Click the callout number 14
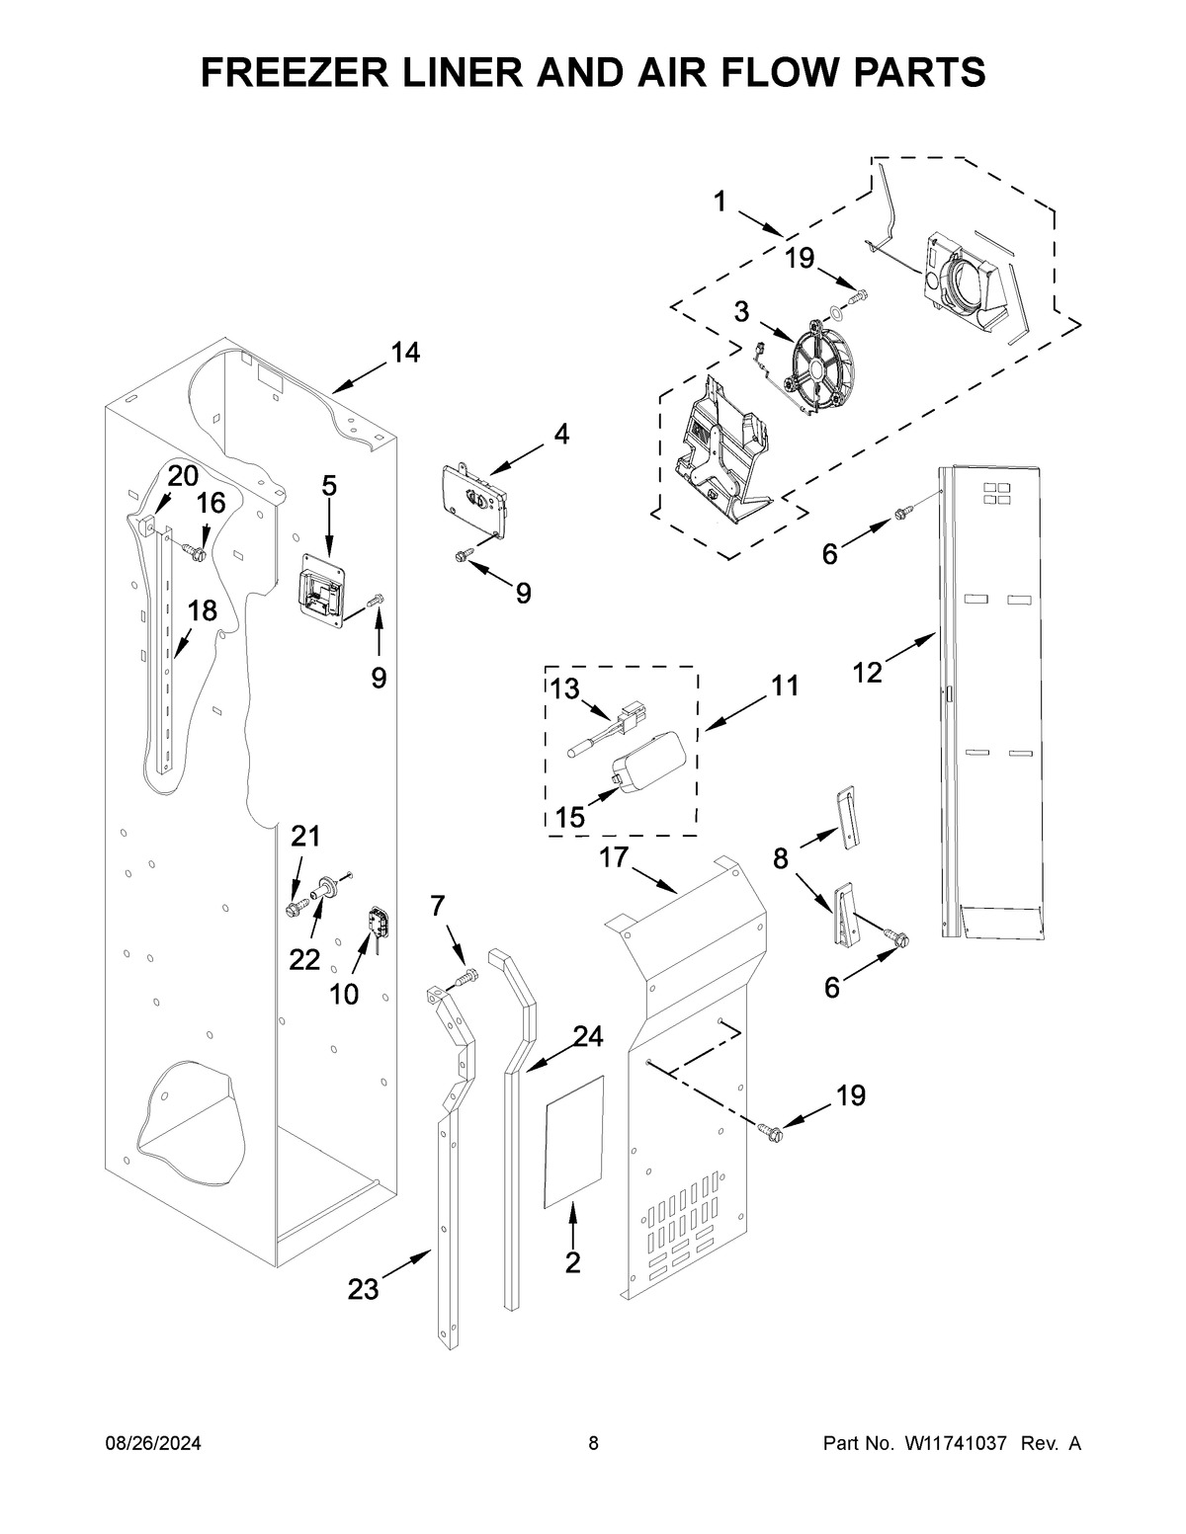[x=405, y=352]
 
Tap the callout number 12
[x=867, y=673]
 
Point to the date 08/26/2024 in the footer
[x=153, y=1443]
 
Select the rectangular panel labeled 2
[x=574, y=1140]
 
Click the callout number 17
[x=614, y=857]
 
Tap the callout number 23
[x=363, y=1289]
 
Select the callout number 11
[x=784, y=686]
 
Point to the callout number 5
[x=329, y=485]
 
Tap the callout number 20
[x=182, y=475]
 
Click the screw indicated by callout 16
[x=195, y=550]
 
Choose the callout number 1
[x=720, y=202]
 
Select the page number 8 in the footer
[x=593, y=1443]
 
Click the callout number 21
[x=305, y=837]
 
